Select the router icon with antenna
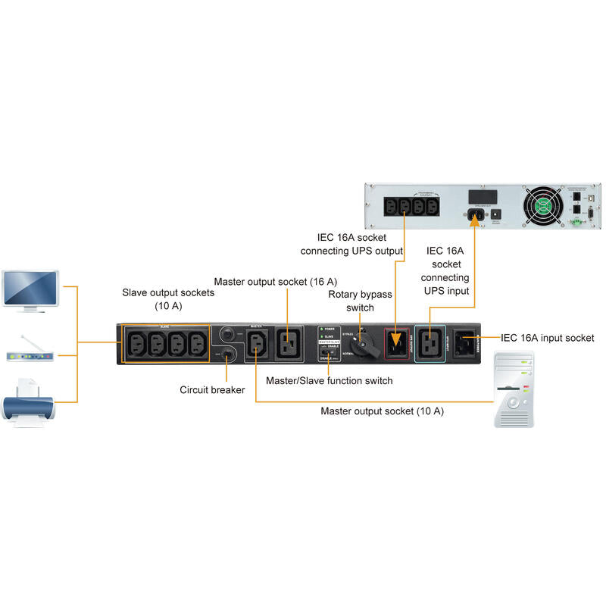31,353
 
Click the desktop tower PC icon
514,389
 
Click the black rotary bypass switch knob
369,345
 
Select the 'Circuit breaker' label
212,390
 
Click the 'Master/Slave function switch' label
329,380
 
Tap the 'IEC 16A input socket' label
548,338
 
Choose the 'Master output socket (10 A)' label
382,411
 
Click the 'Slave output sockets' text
168,292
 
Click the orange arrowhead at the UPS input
476,220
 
